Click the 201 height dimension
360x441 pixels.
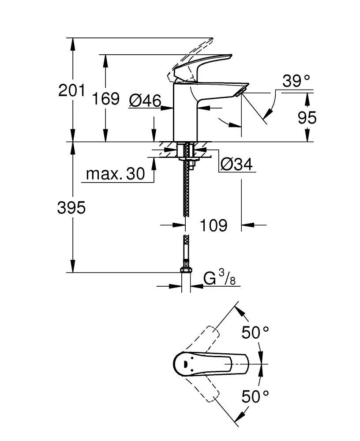71,90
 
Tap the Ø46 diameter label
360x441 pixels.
145,101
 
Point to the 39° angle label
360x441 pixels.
296,81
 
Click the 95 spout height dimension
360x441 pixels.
307,118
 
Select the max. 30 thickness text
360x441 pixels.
115,174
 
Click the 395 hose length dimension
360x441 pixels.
71,208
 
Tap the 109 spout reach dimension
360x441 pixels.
214,225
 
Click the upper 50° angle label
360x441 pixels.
255,333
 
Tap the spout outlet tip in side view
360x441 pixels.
240,91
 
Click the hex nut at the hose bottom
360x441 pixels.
186,270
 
